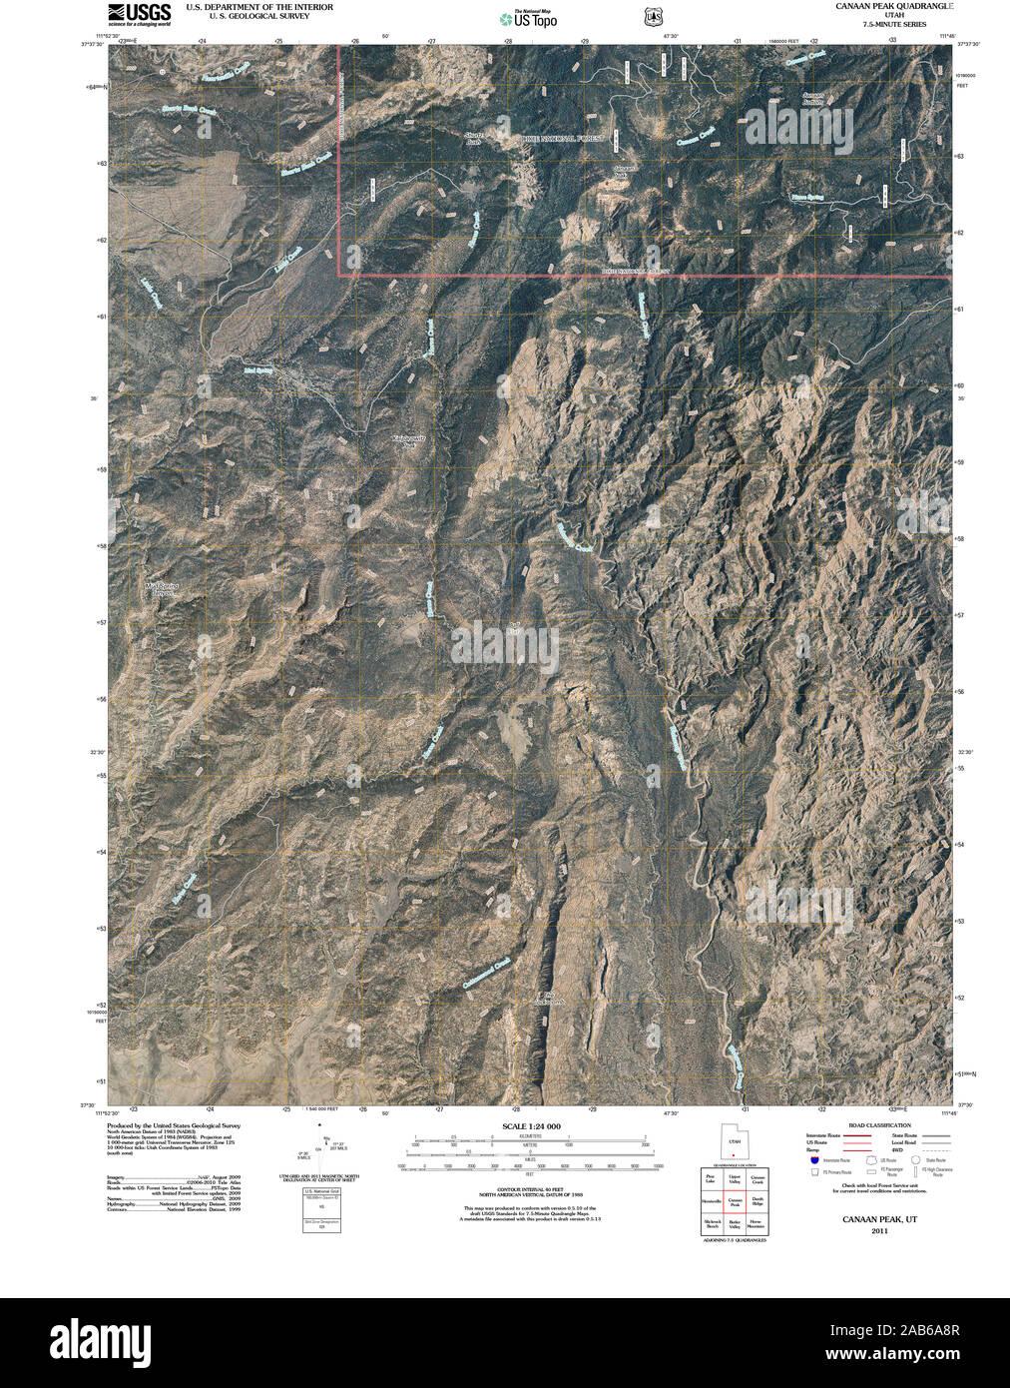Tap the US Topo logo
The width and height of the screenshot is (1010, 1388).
click(529, 19)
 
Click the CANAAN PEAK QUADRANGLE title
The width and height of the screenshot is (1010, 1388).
click(894, 6)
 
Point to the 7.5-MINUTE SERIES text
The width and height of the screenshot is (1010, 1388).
click(894, 24)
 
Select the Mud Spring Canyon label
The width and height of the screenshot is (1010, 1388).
click(160, 588)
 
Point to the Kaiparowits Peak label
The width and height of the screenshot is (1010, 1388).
click(408, 440)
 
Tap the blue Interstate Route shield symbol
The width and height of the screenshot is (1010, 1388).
click(814, 1160)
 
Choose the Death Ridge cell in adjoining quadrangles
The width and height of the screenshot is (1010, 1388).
click(758, 1202)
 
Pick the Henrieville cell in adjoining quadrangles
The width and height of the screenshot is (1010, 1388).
click(711, 1202)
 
